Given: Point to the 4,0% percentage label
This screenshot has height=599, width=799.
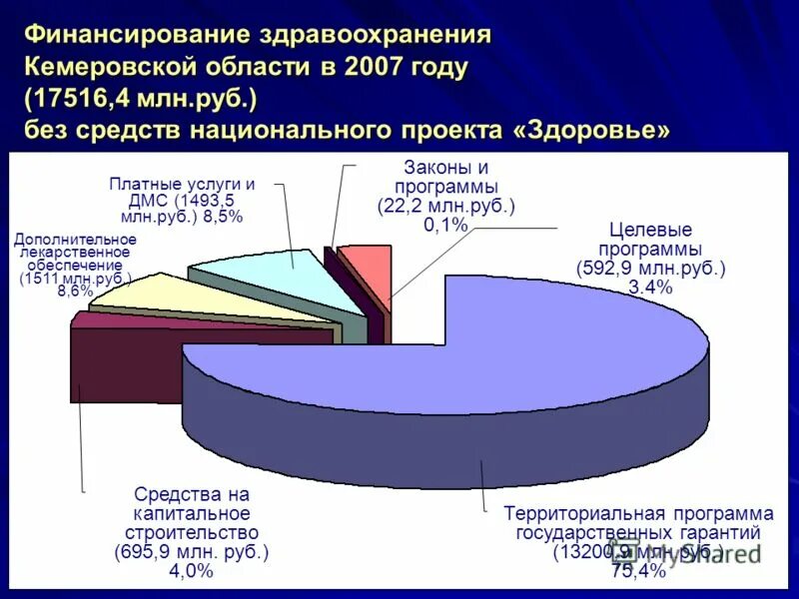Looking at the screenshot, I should click(x=192, y=571).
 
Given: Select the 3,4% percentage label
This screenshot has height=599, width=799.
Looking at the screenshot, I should click(x=650, y=289).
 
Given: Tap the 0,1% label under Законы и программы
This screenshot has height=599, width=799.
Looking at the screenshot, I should click(x=445, y=226).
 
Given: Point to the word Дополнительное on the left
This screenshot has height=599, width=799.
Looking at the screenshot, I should click(x=75, y=240).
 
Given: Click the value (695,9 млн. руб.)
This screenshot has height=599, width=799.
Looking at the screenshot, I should click(x=192, y=552).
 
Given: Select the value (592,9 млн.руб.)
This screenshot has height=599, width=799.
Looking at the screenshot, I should click(x=650, y=269).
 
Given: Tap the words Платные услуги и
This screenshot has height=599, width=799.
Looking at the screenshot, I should click(x=182, y=185).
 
